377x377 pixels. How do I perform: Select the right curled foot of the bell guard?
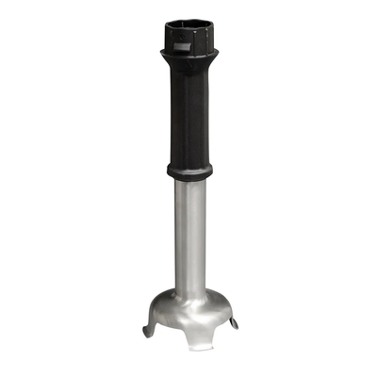233,323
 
